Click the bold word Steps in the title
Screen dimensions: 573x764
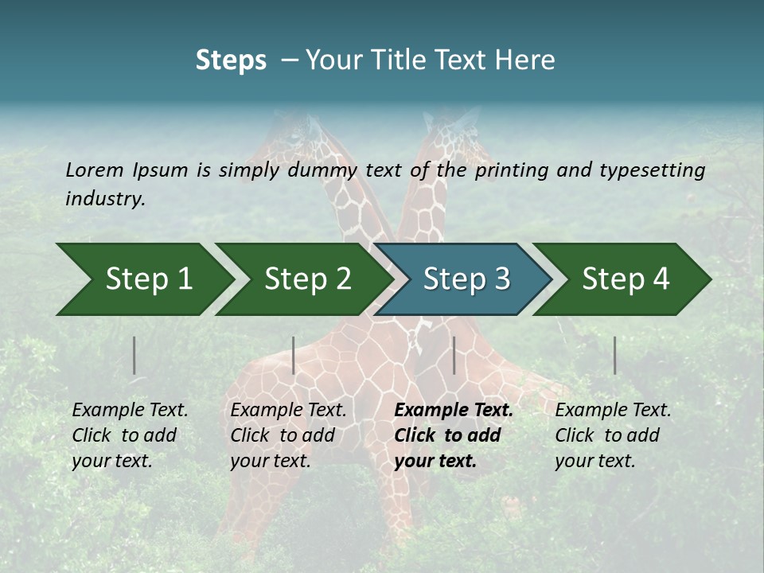pos(231,60)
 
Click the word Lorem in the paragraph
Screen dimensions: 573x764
pos(94,170)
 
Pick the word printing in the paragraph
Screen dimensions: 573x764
pos(512,170)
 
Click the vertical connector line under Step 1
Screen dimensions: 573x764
pos(134,355)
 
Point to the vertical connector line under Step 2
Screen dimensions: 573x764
pos(294,355)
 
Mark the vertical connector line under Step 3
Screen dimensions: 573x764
pos(454,355)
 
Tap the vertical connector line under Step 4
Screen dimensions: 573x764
pos(615,355)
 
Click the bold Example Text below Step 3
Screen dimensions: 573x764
pos(454,411)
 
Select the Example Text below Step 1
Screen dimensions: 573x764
pos(130,411)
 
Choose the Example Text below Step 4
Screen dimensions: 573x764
pos(613,411)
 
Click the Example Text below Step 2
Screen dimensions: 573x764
pos(288,411)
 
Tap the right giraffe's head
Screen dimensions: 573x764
pos(462,131)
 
